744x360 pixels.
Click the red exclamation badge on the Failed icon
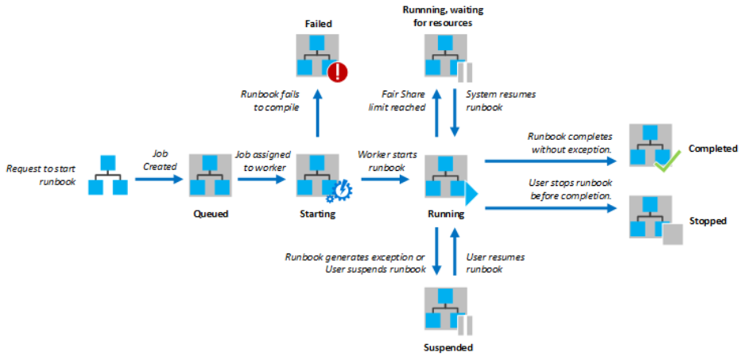(338, 73)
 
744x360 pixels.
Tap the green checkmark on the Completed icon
(665, 165)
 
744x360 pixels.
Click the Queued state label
(210, 213)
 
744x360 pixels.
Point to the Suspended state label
(448, 347)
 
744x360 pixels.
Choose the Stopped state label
(707, 221)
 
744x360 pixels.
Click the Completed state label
(713, 149)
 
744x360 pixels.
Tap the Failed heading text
(318, 24)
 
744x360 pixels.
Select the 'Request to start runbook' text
(41, 175)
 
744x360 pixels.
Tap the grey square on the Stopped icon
(672, 235)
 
